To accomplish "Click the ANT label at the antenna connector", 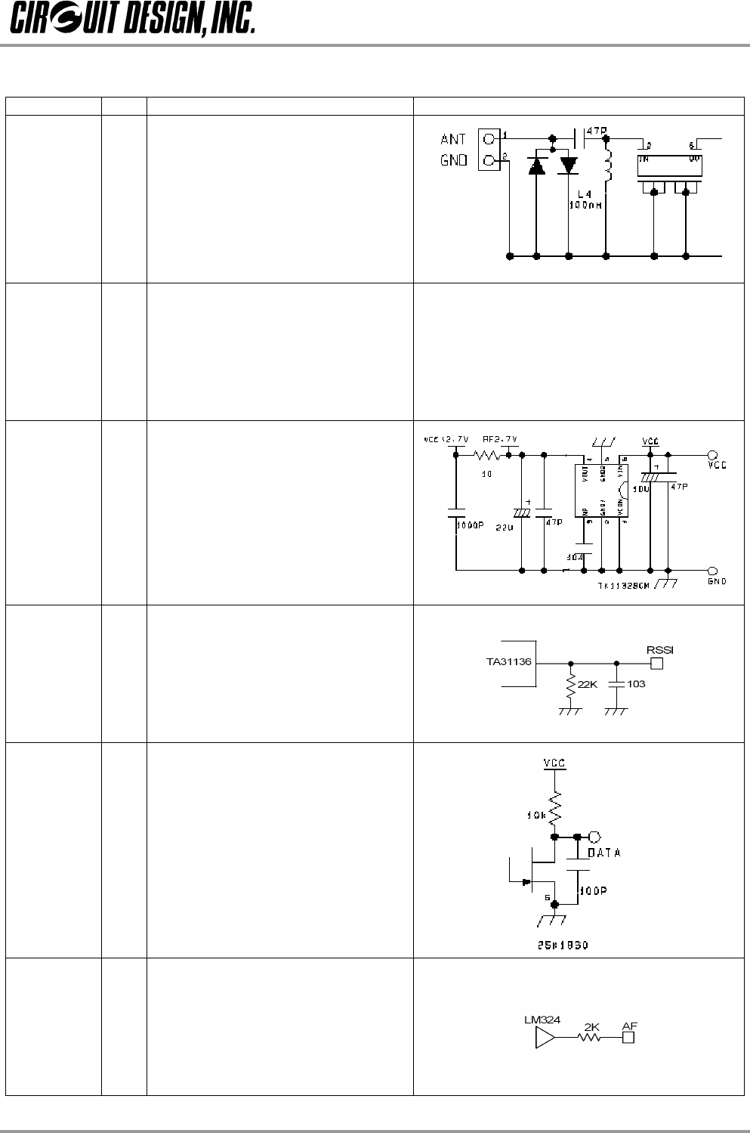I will coord(453,140).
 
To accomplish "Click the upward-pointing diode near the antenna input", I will coord(536,165).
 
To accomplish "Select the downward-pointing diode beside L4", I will coord(568,165).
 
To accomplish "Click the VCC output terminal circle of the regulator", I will coord(711,455).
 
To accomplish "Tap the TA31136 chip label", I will coord(508,661).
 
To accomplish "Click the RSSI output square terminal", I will coord(657,664).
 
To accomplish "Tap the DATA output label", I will coord(603,853).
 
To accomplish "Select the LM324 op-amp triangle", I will coord(544,1039).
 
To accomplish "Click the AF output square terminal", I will coord(628,1039).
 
